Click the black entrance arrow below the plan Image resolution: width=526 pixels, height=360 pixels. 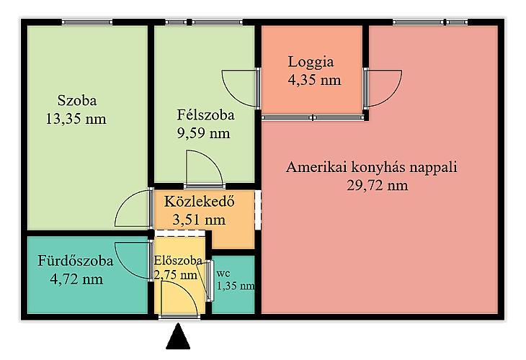pyautogui.click(x=178, y=336)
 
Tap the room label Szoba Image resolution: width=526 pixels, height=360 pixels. pyautogui.click(x=77, y=101)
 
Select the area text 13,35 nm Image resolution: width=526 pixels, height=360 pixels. pyautogui.click(x=76, y=119)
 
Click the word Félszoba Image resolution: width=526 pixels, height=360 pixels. pyautogui.click(x=205, y=115)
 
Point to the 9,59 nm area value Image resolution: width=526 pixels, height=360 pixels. pyautogui.click(x=204, y=133)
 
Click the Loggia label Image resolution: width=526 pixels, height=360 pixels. pyautogui.click(x=311, y=63)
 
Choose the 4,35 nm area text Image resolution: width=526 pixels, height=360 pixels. pyautogui.click(x=314, y=80)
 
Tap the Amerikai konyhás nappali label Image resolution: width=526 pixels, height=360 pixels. pyautogui.click(x=372, y=167)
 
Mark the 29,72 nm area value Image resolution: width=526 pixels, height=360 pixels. pyautogui.click(x=378, y=185)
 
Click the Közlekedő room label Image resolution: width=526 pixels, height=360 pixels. pyautogui.click(x=200, y=202)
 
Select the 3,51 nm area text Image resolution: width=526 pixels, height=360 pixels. pyautogui.click(x=199, y=220)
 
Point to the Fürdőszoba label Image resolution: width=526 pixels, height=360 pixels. pyautogui.click(x=76, y=261)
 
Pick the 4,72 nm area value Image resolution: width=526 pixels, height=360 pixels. pyautogui.click(x=76, y=279)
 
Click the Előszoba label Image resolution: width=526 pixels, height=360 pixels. pyautogui.click(x=178, y=261)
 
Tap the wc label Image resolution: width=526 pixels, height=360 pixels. pyautogui.click(x=223, y=273)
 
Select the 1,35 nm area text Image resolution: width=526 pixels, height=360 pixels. pyautogui.click(x=236, y=286)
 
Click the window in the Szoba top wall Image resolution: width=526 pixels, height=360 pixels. pyautogui.click(x=87, y=22)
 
